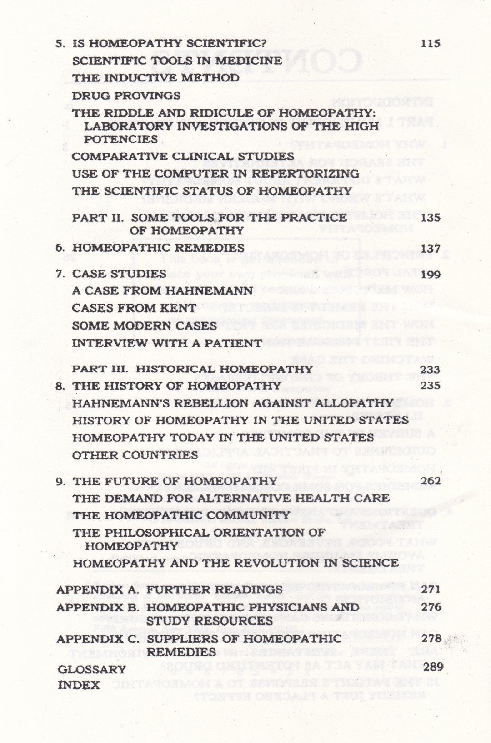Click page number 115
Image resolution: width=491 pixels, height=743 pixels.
(431, 44)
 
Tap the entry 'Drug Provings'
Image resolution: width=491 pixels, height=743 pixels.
(126, 96)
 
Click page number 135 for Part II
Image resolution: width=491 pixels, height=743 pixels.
(431, 218)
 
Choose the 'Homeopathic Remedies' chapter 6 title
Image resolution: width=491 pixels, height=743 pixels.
(158, 248)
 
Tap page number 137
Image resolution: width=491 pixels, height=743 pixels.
(431, 249)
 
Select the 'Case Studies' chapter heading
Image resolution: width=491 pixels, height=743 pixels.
(119, 274)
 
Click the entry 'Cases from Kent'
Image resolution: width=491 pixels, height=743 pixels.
(134, 308)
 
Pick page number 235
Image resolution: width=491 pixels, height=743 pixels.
(431, 386)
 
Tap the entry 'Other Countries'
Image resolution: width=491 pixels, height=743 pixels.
(135, 455)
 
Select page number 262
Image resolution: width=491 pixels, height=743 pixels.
(431, 481)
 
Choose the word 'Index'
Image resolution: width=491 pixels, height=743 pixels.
(79, 685)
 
